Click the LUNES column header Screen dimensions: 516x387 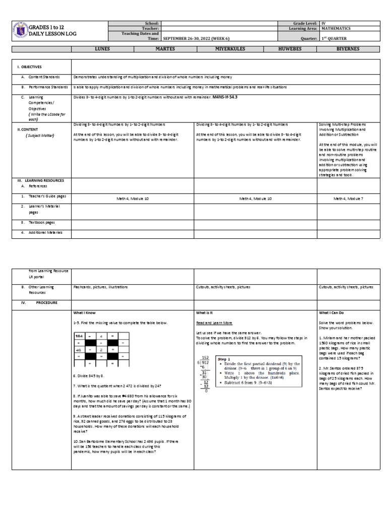tap(102, 49)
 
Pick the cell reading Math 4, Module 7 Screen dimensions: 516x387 tap(348, 199)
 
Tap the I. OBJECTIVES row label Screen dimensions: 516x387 tap(30, 67)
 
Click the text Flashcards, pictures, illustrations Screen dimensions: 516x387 tap(100, 287)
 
